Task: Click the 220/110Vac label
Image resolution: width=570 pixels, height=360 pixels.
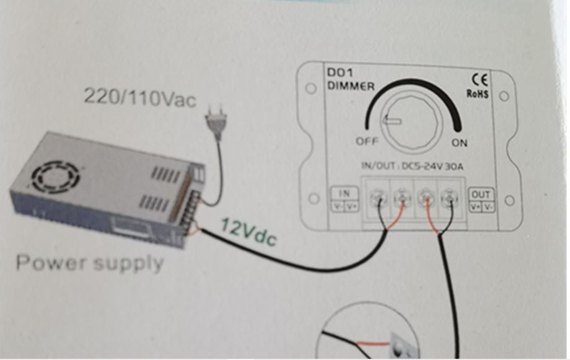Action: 140,97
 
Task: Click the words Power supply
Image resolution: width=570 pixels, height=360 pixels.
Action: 90,263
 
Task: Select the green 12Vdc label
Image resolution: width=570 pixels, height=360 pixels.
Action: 248,234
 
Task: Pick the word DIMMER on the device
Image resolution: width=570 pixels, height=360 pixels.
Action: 351,87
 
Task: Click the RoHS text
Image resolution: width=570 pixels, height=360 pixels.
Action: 478,94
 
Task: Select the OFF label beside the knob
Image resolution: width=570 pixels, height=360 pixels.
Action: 367,141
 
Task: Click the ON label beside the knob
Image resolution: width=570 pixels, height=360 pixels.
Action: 459,143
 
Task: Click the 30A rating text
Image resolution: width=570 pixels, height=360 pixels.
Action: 456,166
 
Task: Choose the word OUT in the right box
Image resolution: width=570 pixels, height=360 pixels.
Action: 481,194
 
